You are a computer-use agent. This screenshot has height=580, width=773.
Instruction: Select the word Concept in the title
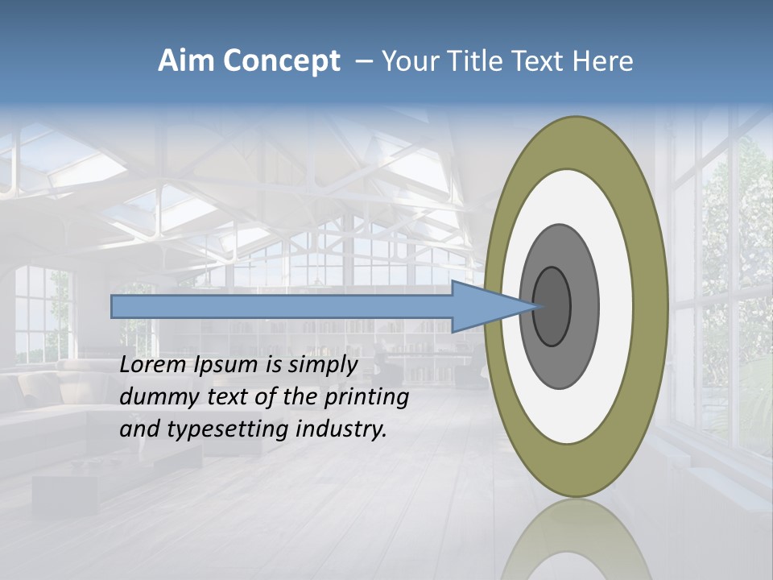(281, 61)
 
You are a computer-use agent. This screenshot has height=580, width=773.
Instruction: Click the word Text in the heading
(538, 61)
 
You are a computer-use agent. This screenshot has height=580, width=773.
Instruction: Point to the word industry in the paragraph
(341, 429)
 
